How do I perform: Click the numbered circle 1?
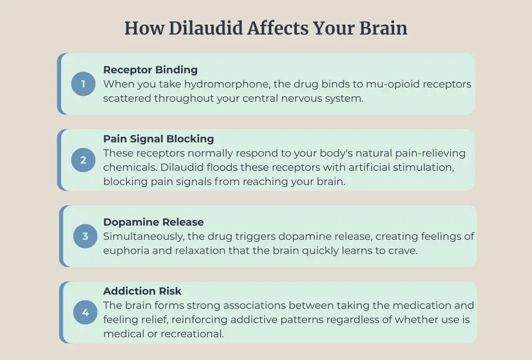[83, 84]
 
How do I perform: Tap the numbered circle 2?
[83, 160]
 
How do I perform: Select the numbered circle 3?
[85, 236]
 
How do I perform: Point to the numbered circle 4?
[85, 313]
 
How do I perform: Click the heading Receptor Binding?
[150, 70]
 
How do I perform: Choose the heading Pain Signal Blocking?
[159, 139]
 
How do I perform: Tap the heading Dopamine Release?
[153, 222]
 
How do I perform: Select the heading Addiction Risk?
[142, 291]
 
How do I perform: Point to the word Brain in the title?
[385, 28]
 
